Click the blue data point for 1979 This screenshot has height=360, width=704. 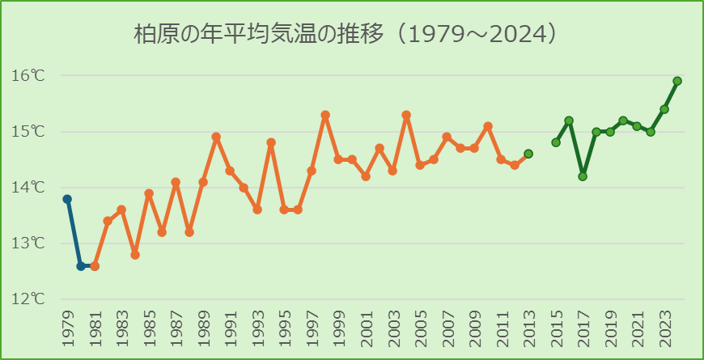pos(67,199)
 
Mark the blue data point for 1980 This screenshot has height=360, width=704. pos(81,265)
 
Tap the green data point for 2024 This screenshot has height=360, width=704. pos(677,81)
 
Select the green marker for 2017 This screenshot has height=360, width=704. pos(583,176)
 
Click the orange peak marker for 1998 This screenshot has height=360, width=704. pos(325,115)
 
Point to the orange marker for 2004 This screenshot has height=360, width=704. pos(406,115)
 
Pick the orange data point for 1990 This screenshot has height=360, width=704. pos(216,137)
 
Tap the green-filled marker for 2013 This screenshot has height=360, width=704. pos(528,154)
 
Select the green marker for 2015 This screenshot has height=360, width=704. pos(556,142)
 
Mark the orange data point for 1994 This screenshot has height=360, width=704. pos(271,142)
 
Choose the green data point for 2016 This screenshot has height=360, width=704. pos(569,121)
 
